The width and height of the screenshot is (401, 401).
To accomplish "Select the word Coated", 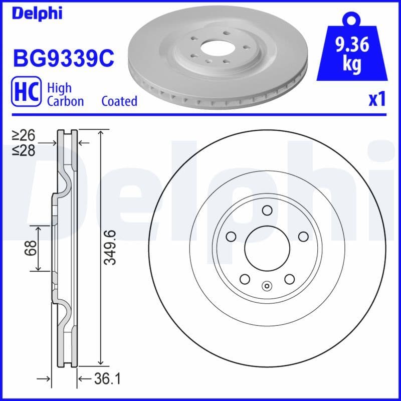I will [119, 101].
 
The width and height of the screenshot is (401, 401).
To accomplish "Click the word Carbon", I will [65, 101].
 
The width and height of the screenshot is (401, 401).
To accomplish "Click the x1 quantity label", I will [377, 100].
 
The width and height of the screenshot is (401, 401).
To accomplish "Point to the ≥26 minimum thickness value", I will [24, 135].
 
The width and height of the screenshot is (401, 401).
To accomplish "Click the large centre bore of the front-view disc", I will [267, 248].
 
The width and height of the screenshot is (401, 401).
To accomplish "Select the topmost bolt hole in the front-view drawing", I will [267, 211].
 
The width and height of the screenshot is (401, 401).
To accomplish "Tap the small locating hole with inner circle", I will [267, 287].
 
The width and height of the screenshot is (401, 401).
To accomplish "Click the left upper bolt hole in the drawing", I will [231, 236].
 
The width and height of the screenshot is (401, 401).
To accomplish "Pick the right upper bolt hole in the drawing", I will [303, 236].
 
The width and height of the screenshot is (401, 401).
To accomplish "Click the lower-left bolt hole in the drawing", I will [245, 279].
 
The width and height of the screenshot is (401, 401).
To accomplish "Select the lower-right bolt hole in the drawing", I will [289, 279].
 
